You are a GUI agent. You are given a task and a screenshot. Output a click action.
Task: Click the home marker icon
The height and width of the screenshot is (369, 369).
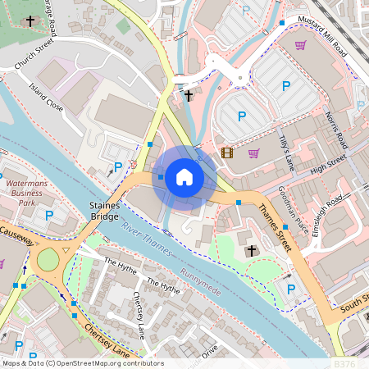click(184, 176)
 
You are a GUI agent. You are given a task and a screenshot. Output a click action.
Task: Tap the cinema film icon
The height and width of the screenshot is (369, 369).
click(226, 153)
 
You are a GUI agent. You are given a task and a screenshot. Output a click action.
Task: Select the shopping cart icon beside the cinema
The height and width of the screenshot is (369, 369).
click(254, 153)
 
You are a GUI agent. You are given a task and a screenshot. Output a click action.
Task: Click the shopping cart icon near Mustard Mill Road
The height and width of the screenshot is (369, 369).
click(300, 45)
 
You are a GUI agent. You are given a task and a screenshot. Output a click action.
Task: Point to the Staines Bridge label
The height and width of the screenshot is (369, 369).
click(105, 211)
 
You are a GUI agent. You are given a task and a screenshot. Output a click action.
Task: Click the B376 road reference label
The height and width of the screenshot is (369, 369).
click(345, 362)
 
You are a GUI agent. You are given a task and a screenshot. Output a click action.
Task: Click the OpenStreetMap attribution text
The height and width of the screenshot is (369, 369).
click(82, 363)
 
